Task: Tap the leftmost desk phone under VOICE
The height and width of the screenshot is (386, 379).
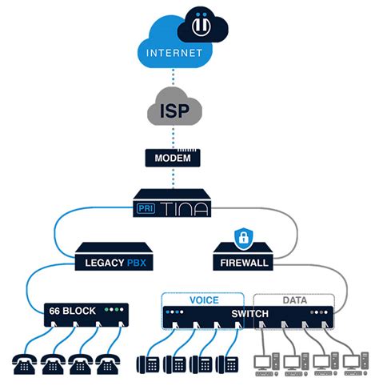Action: (148, 363)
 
